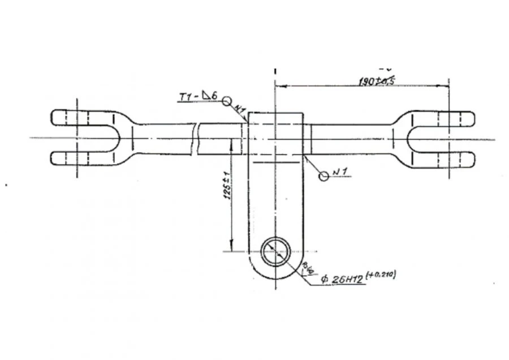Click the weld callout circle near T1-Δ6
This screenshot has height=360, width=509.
[x=227, y=101]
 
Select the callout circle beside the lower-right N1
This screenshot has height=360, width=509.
[x=323, y=176]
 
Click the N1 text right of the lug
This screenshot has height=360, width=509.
[x=339, y=170]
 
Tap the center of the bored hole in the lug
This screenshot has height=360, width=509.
[x=276, y=251]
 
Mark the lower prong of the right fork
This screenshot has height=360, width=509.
[x=450, y=158]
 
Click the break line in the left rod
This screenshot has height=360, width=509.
[x=195, y=139]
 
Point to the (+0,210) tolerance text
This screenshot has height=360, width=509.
[x=381, y=275]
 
